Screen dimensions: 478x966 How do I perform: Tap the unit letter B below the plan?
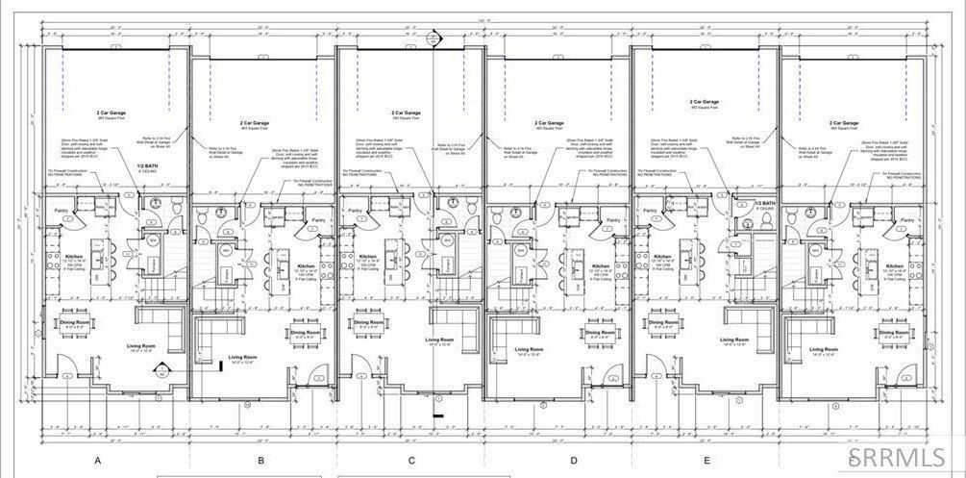click(260, 461)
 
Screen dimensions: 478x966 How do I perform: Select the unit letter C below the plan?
click(411, 461)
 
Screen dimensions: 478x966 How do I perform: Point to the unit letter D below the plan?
click(574, 461)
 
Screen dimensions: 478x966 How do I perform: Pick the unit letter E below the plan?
click(706, 461)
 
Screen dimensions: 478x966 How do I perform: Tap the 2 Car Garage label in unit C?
click(411, 113)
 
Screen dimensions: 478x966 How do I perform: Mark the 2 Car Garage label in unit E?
click(706, 101)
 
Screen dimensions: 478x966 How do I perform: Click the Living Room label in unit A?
click(141, 345)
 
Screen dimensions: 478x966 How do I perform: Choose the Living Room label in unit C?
click(439, 340)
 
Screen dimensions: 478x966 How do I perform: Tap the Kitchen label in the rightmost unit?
click(895, 265)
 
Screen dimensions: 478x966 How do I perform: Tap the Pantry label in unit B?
click(318, 220)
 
